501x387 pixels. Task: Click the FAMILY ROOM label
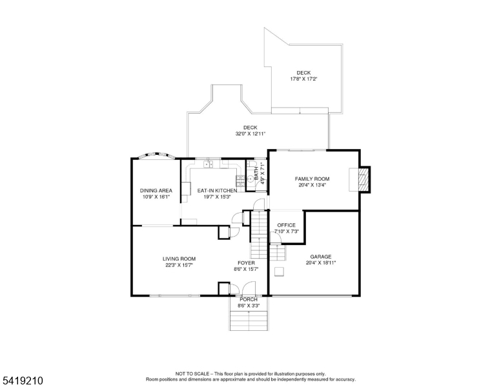tap(312, 179)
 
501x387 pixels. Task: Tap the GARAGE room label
tap(320, 257)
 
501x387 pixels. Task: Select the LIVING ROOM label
tap(179, 259)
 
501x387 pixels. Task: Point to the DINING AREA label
tap(156, 191)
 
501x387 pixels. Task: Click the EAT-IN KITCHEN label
tap(217, 191)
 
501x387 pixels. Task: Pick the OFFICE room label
tap(286, 225)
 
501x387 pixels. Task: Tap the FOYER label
tap(246, 263)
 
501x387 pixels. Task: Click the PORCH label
tap(249, 299)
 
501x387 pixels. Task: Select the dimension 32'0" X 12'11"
tap(251, 134)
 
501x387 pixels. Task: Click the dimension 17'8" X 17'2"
tap(303, 79)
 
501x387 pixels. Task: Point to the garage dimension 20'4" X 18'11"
tap(321, 263)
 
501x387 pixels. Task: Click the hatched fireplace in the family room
tap(362, 180)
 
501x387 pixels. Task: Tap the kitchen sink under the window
tap(209, 164)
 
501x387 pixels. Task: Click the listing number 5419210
tap(23, 381)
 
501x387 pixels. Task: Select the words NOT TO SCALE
tap(192, 373)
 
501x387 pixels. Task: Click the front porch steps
tap(249, 321)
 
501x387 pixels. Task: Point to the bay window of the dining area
tap(156, 156)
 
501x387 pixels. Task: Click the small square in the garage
tap(280, 272)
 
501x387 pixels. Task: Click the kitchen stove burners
tap(240, 181)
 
